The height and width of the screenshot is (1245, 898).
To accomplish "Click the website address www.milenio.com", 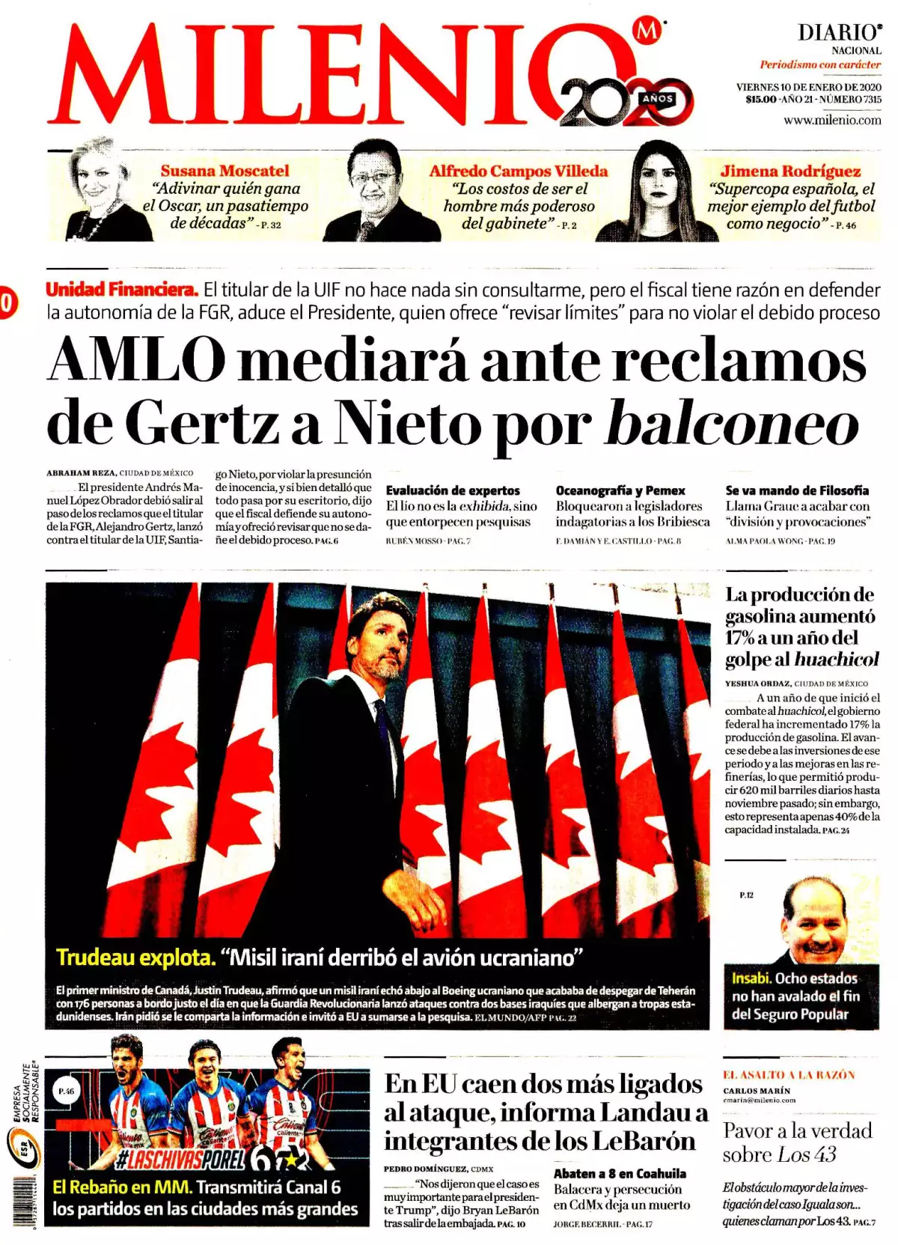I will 832,120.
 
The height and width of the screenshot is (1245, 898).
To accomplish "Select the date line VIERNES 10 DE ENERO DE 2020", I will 808,87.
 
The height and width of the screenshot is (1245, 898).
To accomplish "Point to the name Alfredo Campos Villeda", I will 518,171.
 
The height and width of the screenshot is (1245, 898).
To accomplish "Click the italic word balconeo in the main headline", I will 732,424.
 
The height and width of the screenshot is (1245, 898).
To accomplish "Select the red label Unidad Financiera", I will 122,289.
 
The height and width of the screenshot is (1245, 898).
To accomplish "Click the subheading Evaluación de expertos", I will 453,490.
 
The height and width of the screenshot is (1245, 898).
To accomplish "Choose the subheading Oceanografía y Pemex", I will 620,490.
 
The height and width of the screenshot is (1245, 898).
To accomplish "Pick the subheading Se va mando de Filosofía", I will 797,490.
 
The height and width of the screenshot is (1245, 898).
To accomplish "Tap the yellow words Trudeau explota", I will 135,957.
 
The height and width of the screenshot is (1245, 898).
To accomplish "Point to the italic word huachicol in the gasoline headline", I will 837,659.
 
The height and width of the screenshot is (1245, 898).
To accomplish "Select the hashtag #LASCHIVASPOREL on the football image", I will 180,1160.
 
